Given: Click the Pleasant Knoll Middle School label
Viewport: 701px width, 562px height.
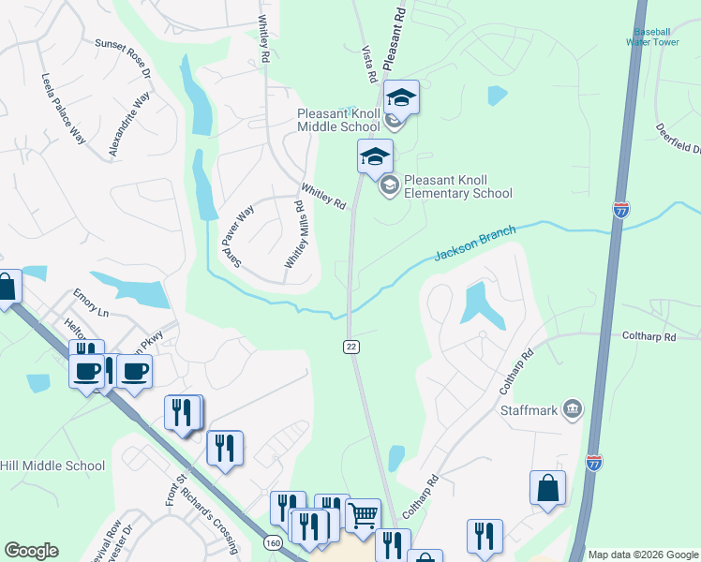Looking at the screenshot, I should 338,120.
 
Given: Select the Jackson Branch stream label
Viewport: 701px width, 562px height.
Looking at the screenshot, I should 475,245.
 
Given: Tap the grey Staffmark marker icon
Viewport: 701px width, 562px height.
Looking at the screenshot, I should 573,409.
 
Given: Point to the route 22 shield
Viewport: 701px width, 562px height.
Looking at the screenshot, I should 350,347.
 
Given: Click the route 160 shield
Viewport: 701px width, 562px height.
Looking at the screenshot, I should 272,543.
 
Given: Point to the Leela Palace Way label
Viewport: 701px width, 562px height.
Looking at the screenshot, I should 64,109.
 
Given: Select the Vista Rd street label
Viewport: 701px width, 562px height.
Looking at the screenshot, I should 369,63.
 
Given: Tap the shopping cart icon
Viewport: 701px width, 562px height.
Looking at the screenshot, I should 363,514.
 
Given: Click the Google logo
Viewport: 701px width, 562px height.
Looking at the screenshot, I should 31,551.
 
